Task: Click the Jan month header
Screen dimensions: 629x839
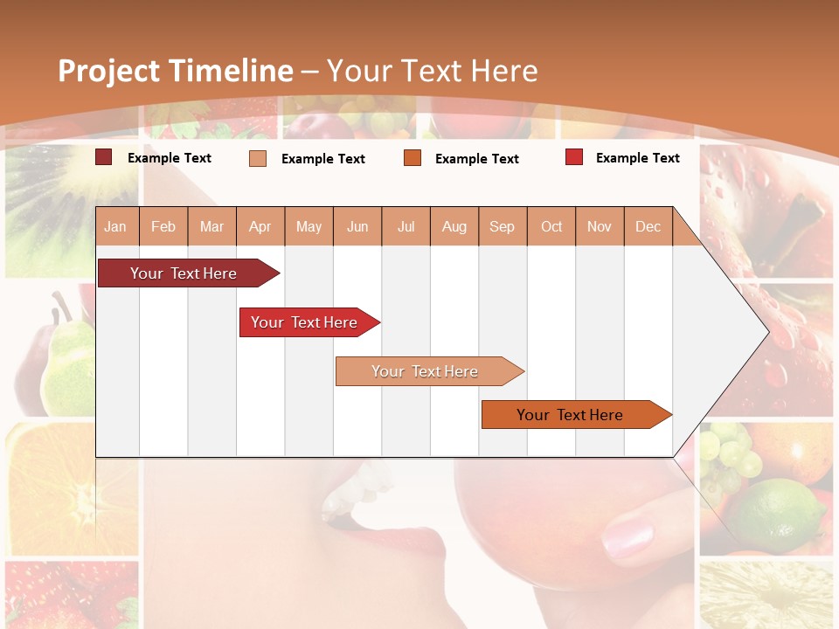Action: (115, 227)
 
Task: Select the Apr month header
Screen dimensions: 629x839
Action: (260, 227)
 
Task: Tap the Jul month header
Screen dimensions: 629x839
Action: (406, 227)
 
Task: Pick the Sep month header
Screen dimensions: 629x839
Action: (502, 227)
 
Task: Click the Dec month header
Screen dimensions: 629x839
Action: (648, 227)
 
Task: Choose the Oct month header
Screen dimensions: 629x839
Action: (551, 227)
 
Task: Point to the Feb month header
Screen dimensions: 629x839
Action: (163, 227)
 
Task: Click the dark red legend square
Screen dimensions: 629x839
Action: (103, 157)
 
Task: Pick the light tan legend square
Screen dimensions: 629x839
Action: (258, 158)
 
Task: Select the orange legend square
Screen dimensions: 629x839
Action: (413, 158)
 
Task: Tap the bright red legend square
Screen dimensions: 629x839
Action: (573, 157)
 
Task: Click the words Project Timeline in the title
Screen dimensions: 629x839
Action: (175, 71)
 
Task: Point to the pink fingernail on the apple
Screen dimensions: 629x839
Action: (628, 535)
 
